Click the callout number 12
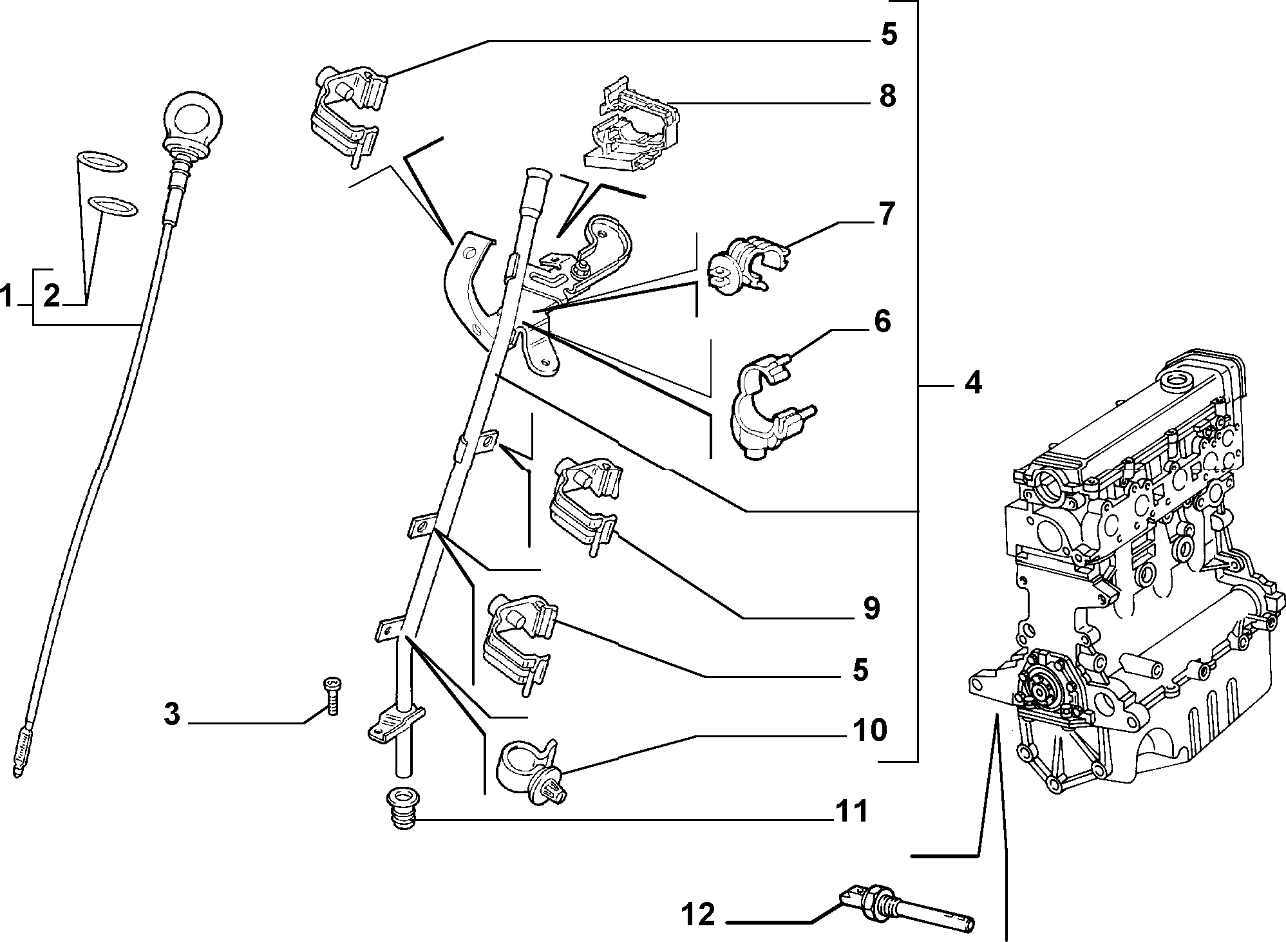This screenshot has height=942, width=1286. point(697,914)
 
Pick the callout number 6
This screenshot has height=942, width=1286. point(882,321)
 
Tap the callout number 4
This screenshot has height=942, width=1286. point(973,384)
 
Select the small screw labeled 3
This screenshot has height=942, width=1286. point(332,696)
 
